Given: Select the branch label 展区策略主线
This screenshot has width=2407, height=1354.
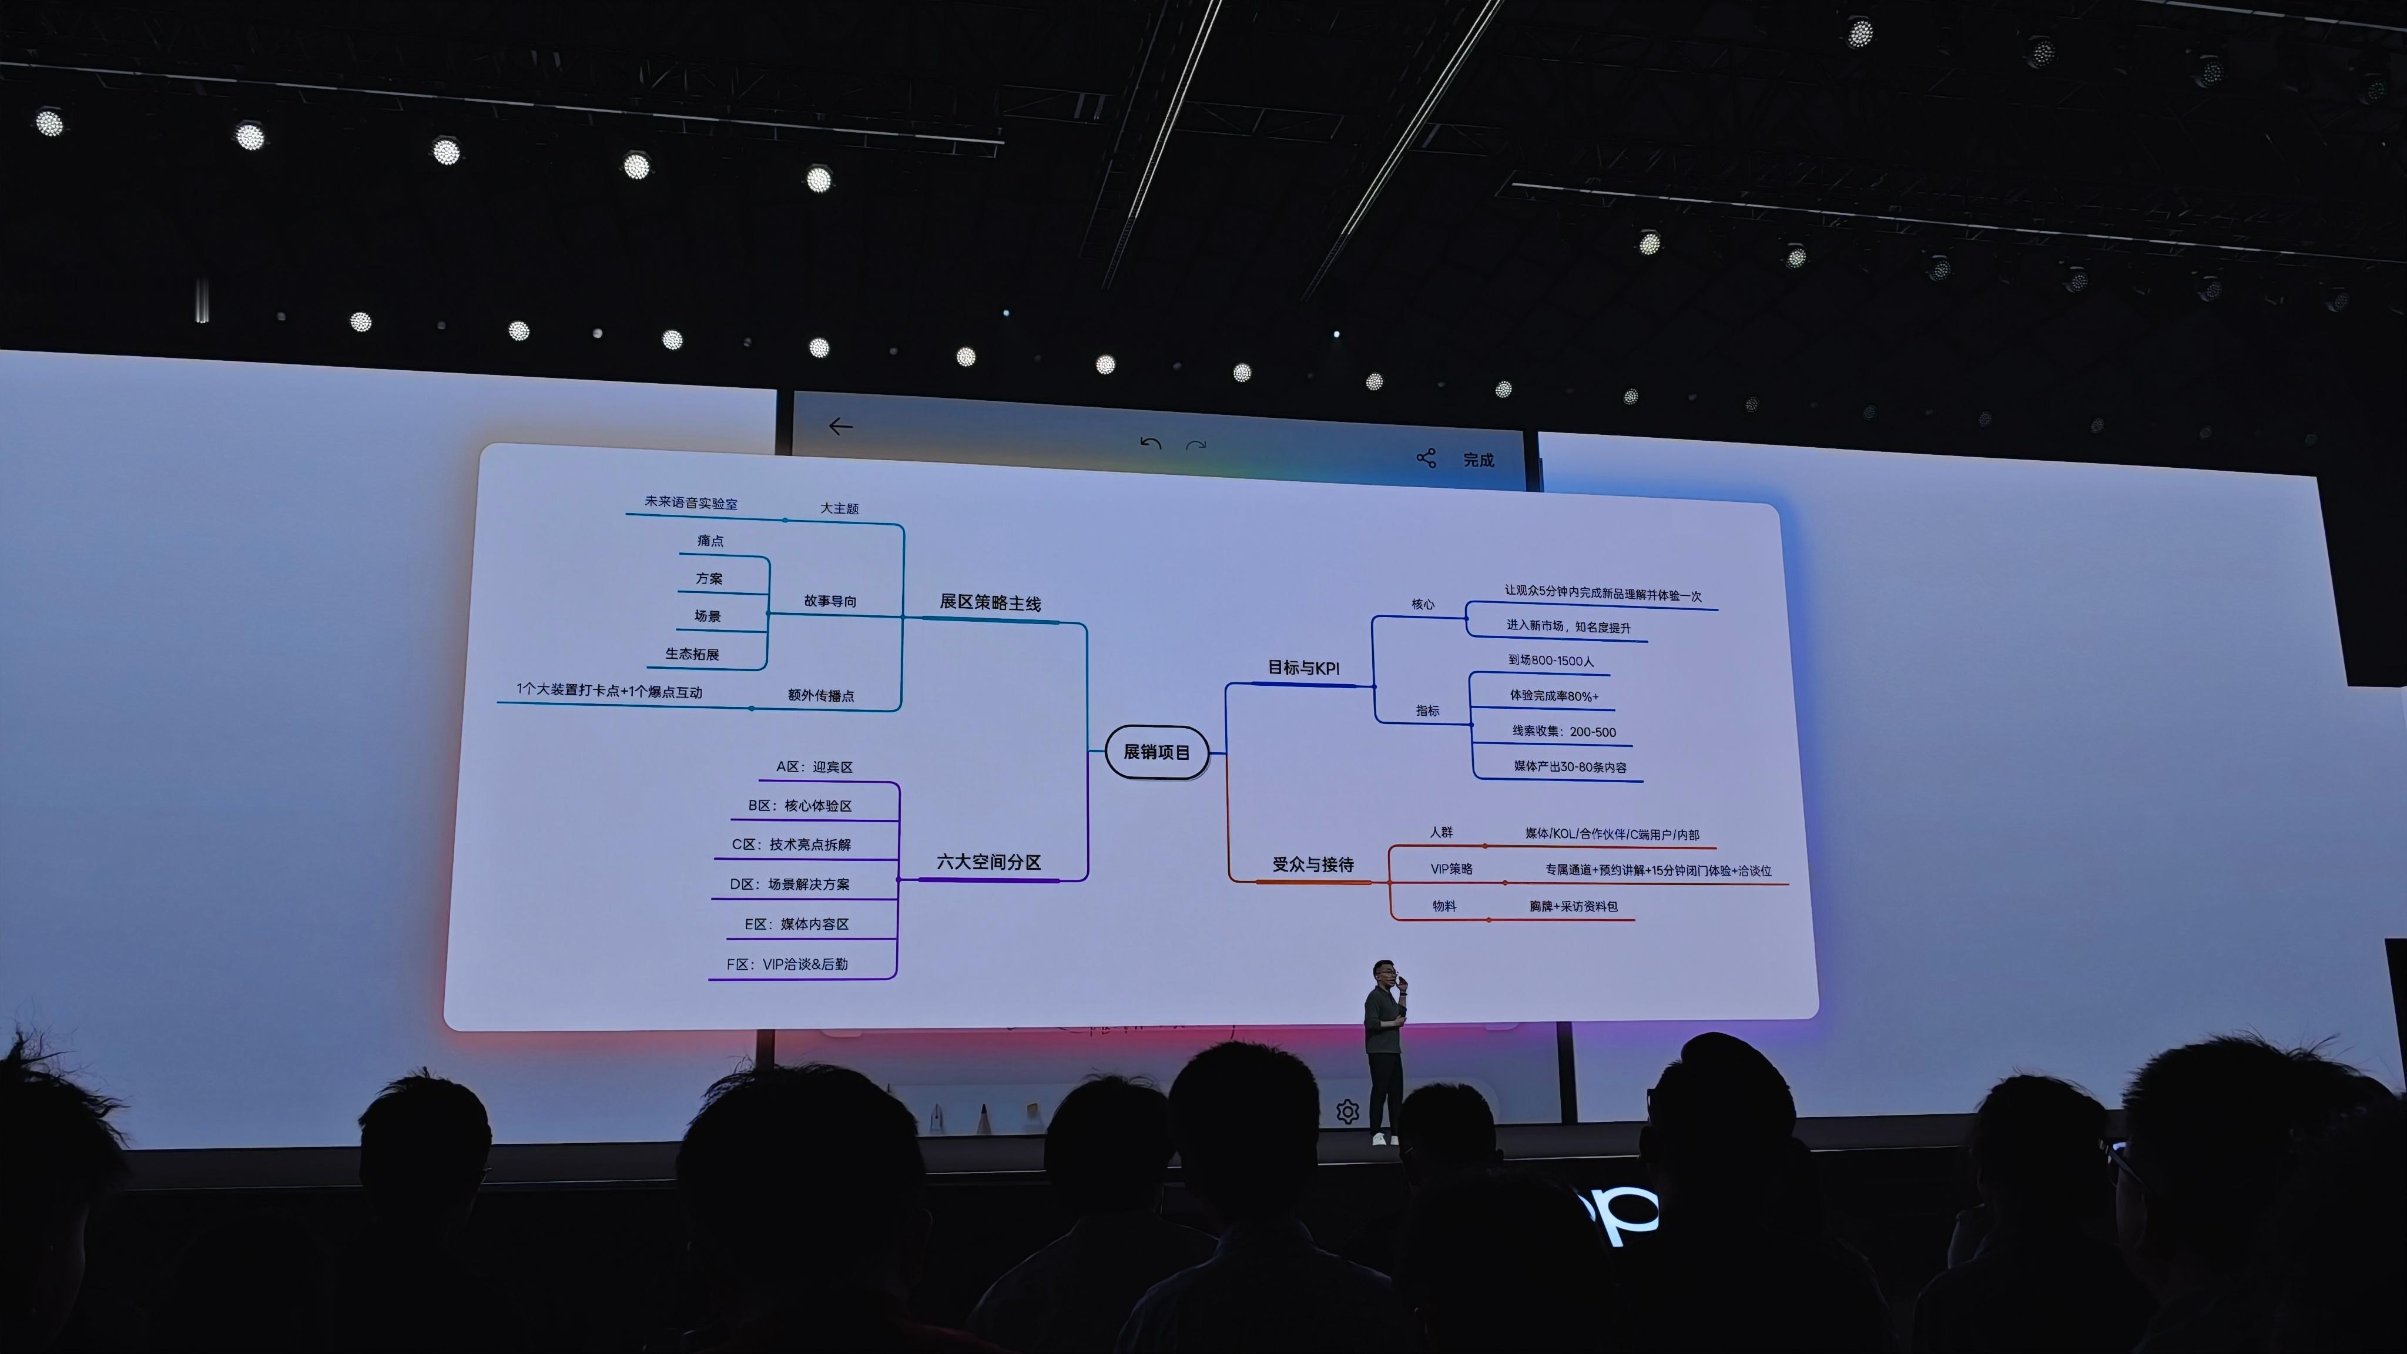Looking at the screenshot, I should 990,603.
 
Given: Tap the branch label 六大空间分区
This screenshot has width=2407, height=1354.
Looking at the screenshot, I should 988,862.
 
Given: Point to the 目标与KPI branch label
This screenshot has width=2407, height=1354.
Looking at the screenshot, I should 1303,667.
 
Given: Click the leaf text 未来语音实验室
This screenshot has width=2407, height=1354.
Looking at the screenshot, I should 690,502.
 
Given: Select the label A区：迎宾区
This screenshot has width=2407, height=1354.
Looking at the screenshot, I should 814,767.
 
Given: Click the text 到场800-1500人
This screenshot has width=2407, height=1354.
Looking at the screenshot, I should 1550,661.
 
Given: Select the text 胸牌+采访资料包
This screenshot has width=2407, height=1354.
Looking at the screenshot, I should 1573,906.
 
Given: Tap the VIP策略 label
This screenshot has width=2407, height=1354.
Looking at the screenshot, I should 1451,869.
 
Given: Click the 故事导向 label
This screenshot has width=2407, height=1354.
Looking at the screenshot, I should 830,601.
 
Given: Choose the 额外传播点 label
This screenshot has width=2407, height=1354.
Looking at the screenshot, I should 820,695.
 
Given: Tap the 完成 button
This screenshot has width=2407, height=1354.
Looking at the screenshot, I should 1478,460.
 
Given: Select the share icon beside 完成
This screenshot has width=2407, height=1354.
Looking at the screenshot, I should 1426,458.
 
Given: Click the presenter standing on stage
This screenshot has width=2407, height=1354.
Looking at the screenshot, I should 1384,1047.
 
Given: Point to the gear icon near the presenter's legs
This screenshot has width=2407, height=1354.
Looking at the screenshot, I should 1346,1112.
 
